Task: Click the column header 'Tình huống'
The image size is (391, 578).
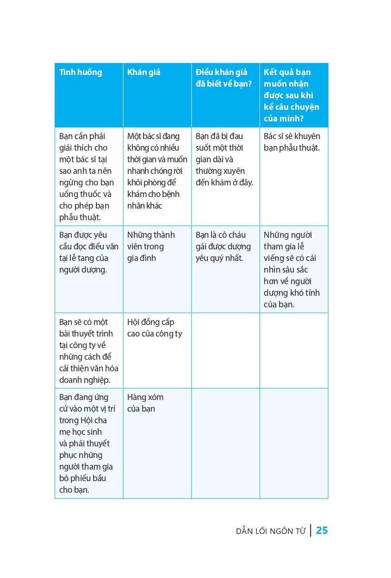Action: pos(81,72)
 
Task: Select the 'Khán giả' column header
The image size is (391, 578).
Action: pos(143,72)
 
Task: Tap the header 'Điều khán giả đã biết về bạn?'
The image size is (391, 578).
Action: pos(222,78)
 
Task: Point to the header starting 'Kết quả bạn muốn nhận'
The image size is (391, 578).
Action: pos(292,95)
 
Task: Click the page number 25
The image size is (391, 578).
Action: pos(322,531)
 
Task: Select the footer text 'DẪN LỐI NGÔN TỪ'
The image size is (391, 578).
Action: pos(271,532)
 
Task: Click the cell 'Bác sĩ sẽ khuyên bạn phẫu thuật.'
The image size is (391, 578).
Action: pos(292,142)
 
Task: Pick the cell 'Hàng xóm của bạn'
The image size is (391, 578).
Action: pos(145,403)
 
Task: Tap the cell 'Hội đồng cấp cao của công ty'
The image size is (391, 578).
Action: pos(155,328)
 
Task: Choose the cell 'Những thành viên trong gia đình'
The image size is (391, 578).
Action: pos(145,246)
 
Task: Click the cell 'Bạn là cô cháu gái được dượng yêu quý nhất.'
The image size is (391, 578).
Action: pos(223,246)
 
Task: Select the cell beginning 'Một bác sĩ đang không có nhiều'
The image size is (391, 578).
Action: pos(157,171)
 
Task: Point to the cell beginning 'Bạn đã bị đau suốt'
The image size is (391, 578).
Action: pos(224,159)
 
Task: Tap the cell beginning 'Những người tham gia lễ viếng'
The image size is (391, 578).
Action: pos(292,269)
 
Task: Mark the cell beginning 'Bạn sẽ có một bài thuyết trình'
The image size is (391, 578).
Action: pos(88,351)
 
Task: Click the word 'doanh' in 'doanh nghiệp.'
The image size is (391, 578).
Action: pos(70,380)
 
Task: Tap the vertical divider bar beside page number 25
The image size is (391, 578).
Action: pos(310,530)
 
